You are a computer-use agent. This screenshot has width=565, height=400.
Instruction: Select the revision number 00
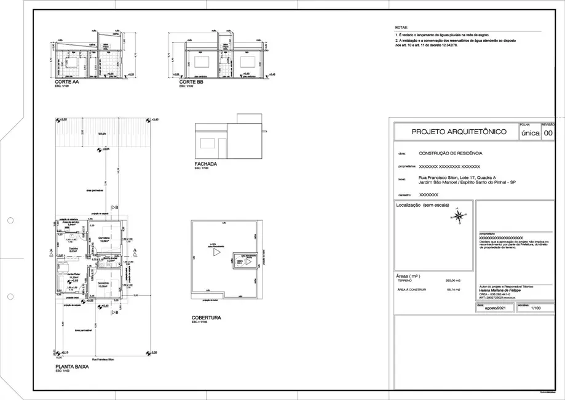(548, 132)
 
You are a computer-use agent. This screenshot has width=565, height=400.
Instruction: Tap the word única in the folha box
(530, 132)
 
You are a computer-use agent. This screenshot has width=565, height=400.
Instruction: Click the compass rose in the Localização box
(459, 215)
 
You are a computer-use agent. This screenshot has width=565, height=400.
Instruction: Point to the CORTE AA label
(66, 82)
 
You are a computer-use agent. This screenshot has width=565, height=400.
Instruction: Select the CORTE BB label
(191, 82)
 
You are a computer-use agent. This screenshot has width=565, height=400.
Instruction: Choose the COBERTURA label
(206, 318)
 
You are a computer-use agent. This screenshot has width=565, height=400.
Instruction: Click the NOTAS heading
(401, 28)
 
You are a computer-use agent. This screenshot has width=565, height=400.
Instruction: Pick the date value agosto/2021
(494, 308)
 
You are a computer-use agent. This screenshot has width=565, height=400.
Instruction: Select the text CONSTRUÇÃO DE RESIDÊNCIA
(450, 153)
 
